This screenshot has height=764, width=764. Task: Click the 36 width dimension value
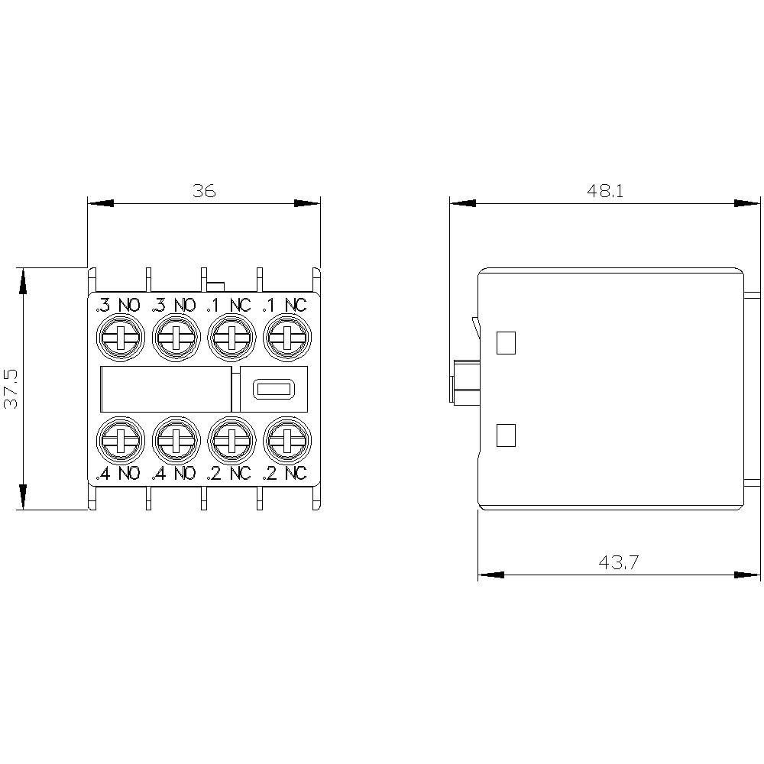point(204,191)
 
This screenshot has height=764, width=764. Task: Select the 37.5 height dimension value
point(11,388)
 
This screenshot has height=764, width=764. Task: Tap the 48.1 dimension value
point(605,191)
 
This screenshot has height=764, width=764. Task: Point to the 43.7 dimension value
point(619,563)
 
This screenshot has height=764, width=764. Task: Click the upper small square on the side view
point(506,343)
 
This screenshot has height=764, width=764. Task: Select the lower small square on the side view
point(506,435)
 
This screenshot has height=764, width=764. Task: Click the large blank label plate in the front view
point(166,390)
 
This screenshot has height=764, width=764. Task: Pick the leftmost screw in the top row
point(119,336)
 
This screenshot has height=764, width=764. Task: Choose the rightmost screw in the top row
point(286,336)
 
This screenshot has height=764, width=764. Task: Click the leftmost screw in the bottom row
point(119,439)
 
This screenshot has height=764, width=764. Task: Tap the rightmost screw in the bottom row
point(286,439)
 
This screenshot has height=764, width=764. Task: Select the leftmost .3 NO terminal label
point(118,306)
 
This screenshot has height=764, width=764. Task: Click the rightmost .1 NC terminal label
point(284,306)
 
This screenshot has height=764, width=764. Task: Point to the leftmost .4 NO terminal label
point(118,474)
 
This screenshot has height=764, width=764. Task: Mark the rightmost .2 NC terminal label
point(284,474)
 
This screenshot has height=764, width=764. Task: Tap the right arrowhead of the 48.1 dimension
point(747,203)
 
